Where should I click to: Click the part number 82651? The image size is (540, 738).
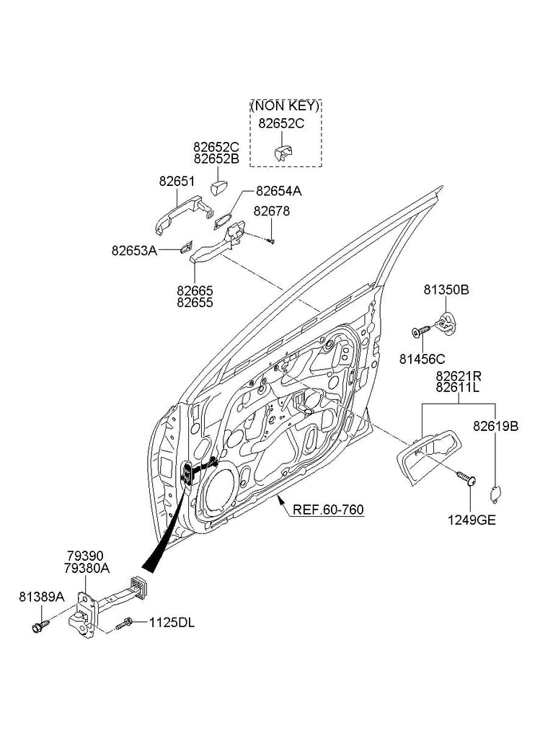[x=177, y=182]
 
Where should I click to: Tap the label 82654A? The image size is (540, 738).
[x=278, y=191]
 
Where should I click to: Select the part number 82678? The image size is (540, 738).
[x=272, y=212]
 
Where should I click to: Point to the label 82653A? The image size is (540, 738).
[x=134, y=251]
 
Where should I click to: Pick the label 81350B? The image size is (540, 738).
[x=446, y=290]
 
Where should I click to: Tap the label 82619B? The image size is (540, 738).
[x=495, y=426]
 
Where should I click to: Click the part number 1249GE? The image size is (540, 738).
[x=473, y=518]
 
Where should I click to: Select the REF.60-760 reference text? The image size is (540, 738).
[x=328, y=510]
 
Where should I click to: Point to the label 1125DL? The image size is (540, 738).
[x=172, y=621]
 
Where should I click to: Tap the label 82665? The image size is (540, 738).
[x=195, y=291]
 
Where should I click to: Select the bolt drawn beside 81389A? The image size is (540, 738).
[x=39, y=625]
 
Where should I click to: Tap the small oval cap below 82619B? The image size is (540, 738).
[x=495, y=494]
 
